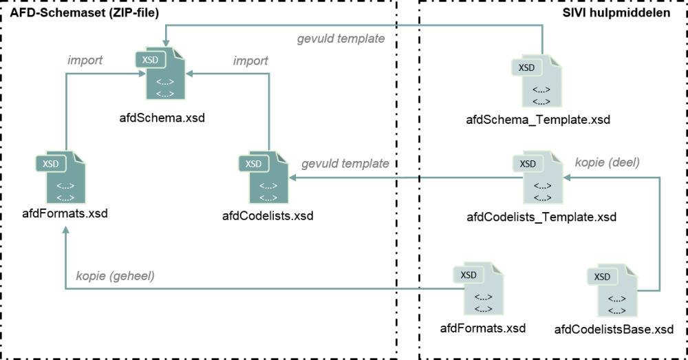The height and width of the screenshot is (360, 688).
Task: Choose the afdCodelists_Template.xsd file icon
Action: click(x=541, y=178)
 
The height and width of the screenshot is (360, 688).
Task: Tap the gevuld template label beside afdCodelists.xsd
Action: click(x=345, y=165)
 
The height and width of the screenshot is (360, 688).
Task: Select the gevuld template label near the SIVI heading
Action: click(x=341, y=39)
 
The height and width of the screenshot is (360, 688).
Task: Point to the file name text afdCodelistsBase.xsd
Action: click(x=614, y=329)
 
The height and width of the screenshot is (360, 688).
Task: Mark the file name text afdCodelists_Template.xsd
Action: click(x=541, y=217)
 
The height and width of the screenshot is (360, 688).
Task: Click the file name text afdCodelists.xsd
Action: click(x=268, y=216)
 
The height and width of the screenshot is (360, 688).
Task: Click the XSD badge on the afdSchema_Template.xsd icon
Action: click(x=527, y=67)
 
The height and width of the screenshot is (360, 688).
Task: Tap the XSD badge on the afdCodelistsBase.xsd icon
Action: click(x=602, y=277)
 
